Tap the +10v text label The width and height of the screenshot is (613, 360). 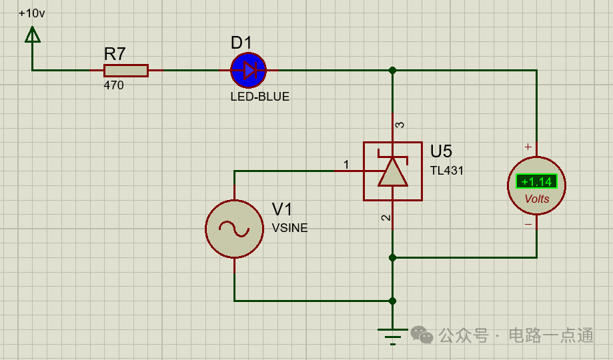pyautogui.click(x=32, y=13)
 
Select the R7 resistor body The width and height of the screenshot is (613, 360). pyautogui.click(x=126, y=70)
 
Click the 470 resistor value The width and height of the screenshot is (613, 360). pyautogui.click(x=113, y=85)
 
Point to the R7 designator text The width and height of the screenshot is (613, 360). pyautogui.click(x=115, y=53)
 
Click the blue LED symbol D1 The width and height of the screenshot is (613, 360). pyautogui.click(x=249, y=70)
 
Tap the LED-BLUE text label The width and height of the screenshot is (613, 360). pyautogui.click(x=260, y=97)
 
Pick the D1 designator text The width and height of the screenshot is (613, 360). pyautogui.click(x=241, y=43)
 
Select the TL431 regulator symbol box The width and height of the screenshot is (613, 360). pyautogui.click(x=392, y=171)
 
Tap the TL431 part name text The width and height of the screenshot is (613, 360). pyautogui.click(x=447, y=171)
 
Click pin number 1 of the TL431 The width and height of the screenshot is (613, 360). pyautogui.click(x=346, y=164)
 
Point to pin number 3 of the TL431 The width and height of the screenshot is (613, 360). pyautogui.click(x=400, y=125)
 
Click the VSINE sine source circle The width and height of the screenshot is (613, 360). pyautogui.click(x=234, y=229)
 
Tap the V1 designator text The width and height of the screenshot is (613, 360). pyautogui.click(x=282, y=209)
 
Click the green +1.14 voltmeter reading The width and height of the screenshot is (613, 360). pyautogui.click(x=536, y=181)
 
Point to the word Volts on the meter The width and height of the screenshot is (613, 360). pyautogui.click(x=537, y=199)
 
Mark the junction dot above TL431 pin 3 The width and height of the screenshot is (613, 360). pyautogui.click(x=392, y=70)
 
